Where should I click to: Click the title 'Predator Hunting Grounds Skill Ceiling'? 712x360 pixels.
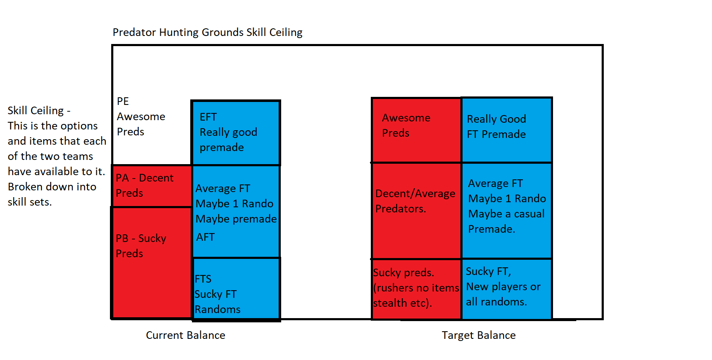click(x=207, y=33)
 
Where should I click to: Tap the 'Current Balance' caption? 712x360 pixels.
click(x=185, y=335)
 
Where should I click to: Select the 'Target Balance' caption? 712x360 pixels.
click(x=479, y=335)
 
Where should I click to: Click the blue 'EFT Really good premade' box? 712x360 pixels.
click(x=236, y=132)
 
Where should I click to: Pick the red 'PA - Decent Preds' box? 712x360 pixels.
click(x=151, y=186)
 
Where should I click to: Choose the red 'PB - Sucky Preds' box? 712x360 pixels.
click(x=151, y=262)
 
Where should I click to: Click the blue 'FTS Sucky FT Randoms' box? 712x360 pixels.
click(x=236, y=289)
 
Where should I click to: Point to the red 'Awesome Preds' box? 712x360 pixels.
click(x=416, y=130)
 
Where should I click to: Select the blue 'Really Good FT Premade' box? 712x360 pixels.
click(x=507, y=130)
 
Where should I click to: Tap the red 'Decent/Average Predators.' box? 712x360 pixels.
click(x=416, y=211)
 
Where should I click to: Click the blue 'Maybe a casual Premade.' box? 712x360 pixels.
click(x=507, y=211)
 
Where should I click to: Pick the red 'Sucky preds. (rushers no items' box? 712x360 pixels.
click(x=416, y=289)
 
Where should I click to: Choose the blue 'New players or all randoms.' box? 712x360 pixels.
click(x=507, y=289)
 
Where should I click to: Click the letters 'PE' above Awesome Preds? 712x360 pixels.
click(x=123, y=102)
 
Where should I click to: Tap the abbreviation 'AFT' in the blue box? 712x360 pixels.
click(x=205, y=237)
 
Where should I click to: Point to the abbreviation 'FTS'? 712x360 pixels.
click(x=203, y=279)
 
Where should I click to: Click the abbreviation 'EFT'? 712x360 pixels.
click(x=208, y=117)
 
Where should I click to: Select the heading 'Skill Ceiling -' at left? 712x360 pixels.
click(x=39, y=111)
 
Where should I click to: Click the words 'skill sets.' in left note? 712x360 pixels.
click(x=30, y=202)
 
